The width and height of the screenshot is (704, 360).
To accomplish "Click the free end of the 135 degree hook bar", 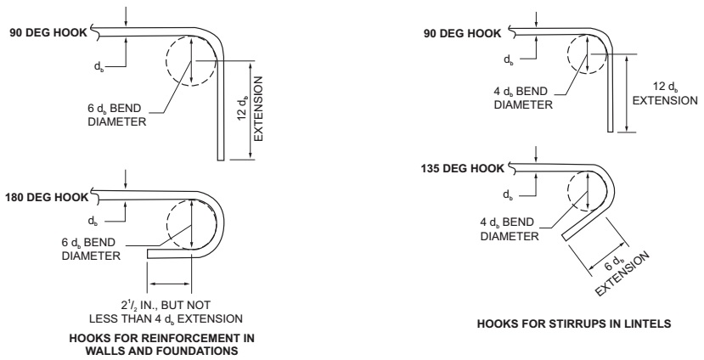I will pos(568,239).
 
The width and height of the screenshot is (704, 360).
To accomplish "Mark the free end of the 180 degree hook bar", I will pos(149,252).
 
